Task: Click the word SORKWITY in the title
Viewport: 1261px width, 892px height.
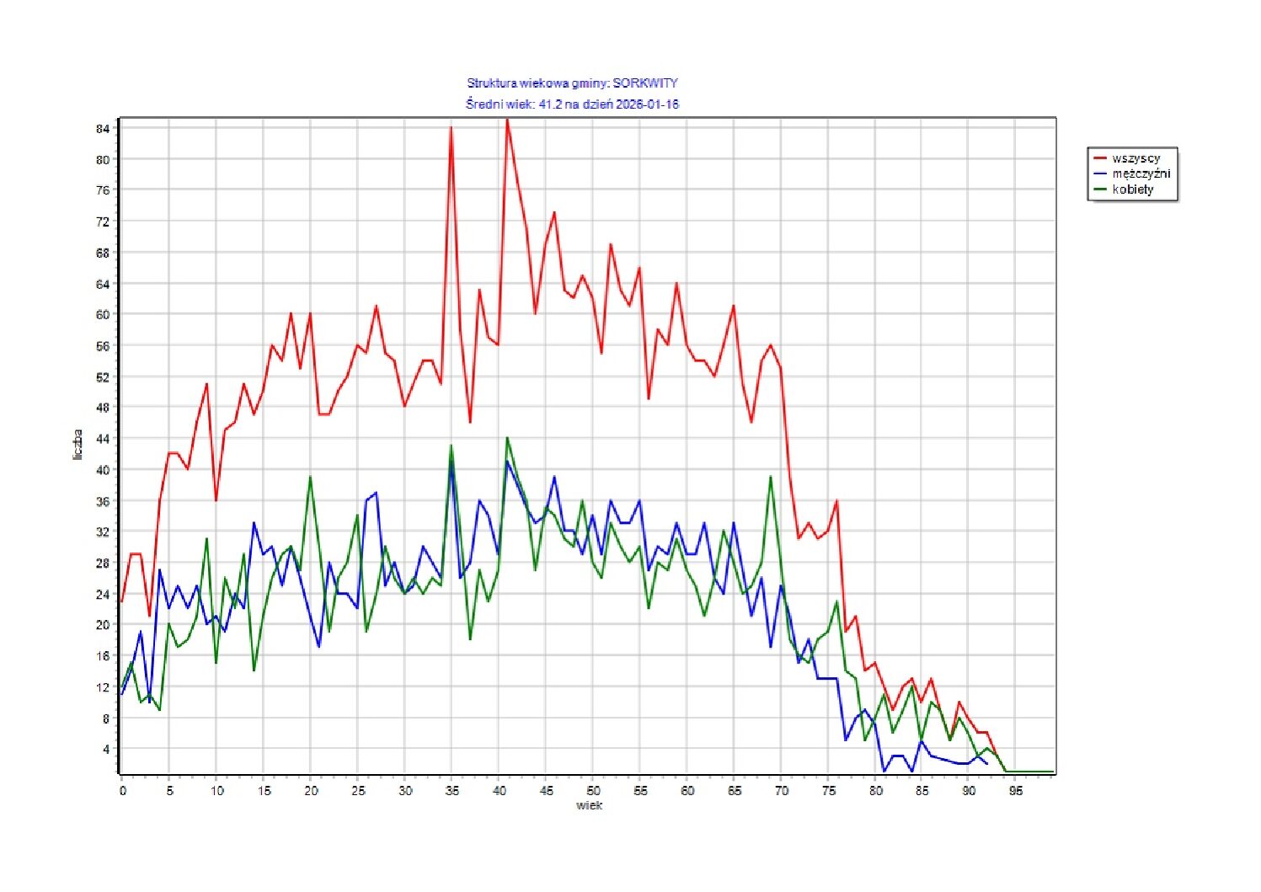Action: [644, 83]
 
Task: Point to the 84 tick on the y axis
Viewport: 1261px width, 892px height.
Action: [103, 128]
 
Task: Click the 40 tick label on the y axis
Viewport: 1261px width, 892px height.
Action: [103, 470]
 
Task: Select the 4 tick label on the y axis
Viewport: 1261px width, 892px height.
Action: [106, 749]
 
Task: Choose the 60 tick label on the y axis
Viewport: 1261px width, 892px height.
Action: [103, 314]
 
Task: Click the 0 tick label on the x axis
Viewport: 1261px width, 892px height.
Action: [122, 791]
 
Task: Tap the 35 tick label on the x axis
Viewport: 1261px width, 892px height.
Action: [452, 791]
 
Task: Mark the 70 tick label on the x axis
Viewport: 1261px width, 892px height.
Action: [782, 791]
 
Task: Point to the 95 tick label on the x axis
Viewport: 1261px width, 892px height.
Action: [1017, 791]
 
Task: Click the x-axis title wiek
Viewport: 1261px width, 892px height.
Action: [589, 806]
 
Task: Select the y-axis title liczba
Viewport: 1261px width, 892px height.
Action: [77, 445]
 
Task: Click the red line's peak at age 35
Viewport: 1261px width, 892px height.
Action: [452, 128]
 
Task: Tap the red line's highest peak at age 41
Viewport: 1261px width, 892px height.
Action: [507, 120]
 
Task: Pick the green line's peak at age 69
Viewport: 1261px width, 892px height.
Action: [771, 477]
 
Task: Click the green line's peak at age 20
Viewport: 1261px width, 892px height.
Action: [310, 477]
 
